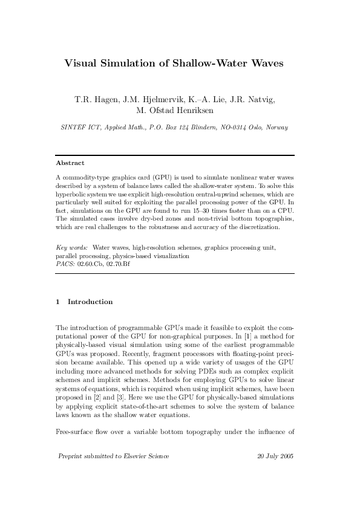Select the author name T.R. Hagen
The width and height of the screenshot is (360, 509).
95,99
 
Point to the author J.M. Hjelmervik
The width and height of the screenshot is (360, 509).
151,99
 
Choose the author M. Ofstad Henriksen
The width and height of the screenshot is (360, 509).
180,111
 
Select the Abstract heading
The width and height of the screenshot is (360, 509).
70,163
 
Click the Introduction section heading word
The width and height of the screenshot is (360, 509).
90,302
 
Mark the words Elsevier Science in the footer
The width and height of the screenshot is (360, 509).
145,473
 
